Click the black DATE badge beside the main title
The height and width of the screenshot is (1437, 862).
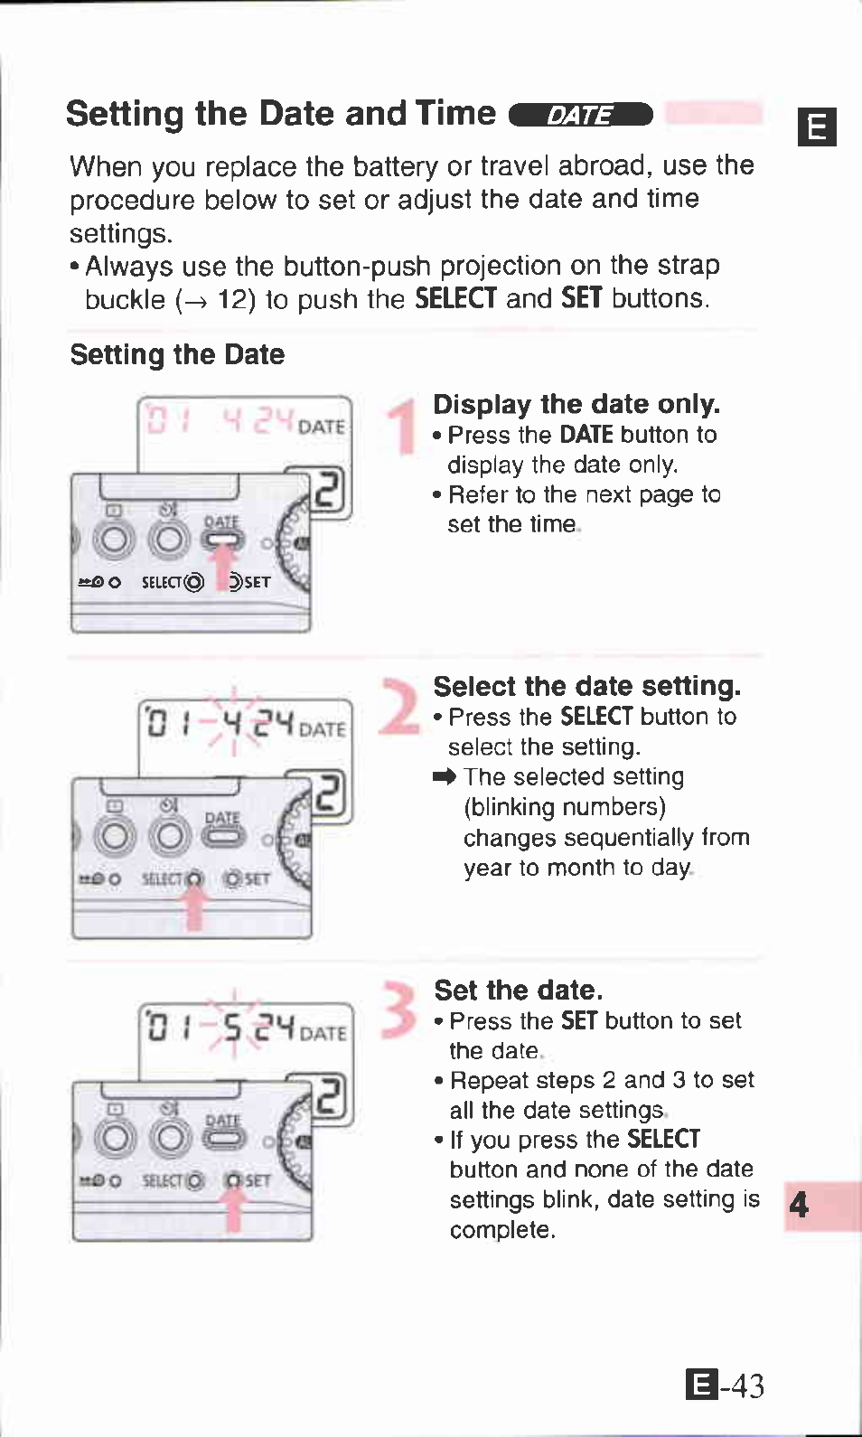point(581,115)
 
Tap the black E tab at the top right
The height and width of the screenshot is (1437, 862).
point(817,127)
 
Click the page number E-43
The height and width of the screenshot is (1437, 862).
point(725,1385)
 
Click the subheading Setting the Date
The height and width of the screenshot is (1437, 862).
point(177,354)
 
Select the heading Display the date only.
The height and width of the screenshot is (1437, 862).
point(576,404)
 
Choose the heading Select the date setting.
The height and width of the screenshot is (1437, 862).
point(586,686)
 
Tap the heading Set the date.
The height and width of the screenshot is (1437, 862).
point(518,991)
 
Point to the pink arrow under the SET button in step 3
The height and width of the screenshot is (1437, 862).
point(233,1209)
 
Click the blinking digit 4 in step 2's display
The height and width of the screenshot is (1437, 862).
point(232,723)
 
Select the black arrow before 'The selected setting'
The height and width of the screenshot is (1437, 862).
point(445,776)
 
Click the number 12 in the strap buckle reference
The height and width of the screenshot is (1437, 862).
point(236,299)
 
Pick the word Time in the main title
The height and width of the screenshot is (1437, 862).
point(455,113)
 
